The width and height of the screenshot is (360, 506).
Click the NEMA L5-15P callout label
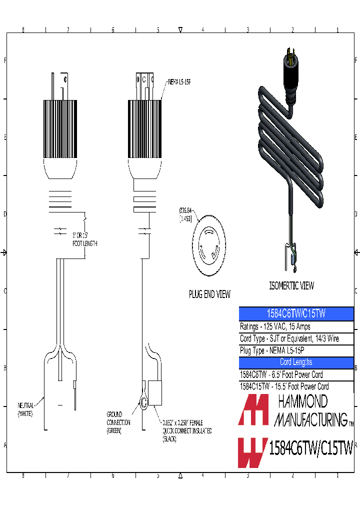179,81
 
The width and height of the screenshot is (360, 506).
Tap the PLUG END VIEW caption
209,294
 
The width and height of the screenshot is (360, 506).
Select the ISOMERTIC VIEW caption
291,285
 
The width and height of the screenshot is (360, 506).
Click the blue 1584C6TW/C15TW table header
296,314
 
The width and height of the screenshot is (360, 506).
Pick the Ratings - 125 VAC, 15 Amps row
275,326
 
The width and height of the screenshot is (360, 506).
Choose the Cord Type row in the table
289,338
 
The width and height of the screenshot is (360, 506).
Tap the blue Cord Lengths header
296,362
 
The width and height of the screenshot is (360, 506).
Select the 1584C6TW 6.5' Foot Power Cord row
281,374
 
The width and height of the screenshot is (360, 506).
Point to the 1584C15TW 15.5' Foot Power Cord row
284,386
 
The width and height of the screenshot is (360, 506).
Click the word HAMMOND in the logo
302,401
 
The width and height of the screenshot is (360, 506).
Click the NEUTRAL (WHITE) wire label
25,410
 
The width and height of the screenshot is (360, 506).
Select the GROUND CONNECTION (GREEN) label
118,422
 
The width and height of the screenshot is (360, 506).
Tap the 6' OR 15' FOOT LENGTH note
84,239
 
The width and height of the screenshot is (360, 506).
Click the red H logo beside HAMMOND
253,410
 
